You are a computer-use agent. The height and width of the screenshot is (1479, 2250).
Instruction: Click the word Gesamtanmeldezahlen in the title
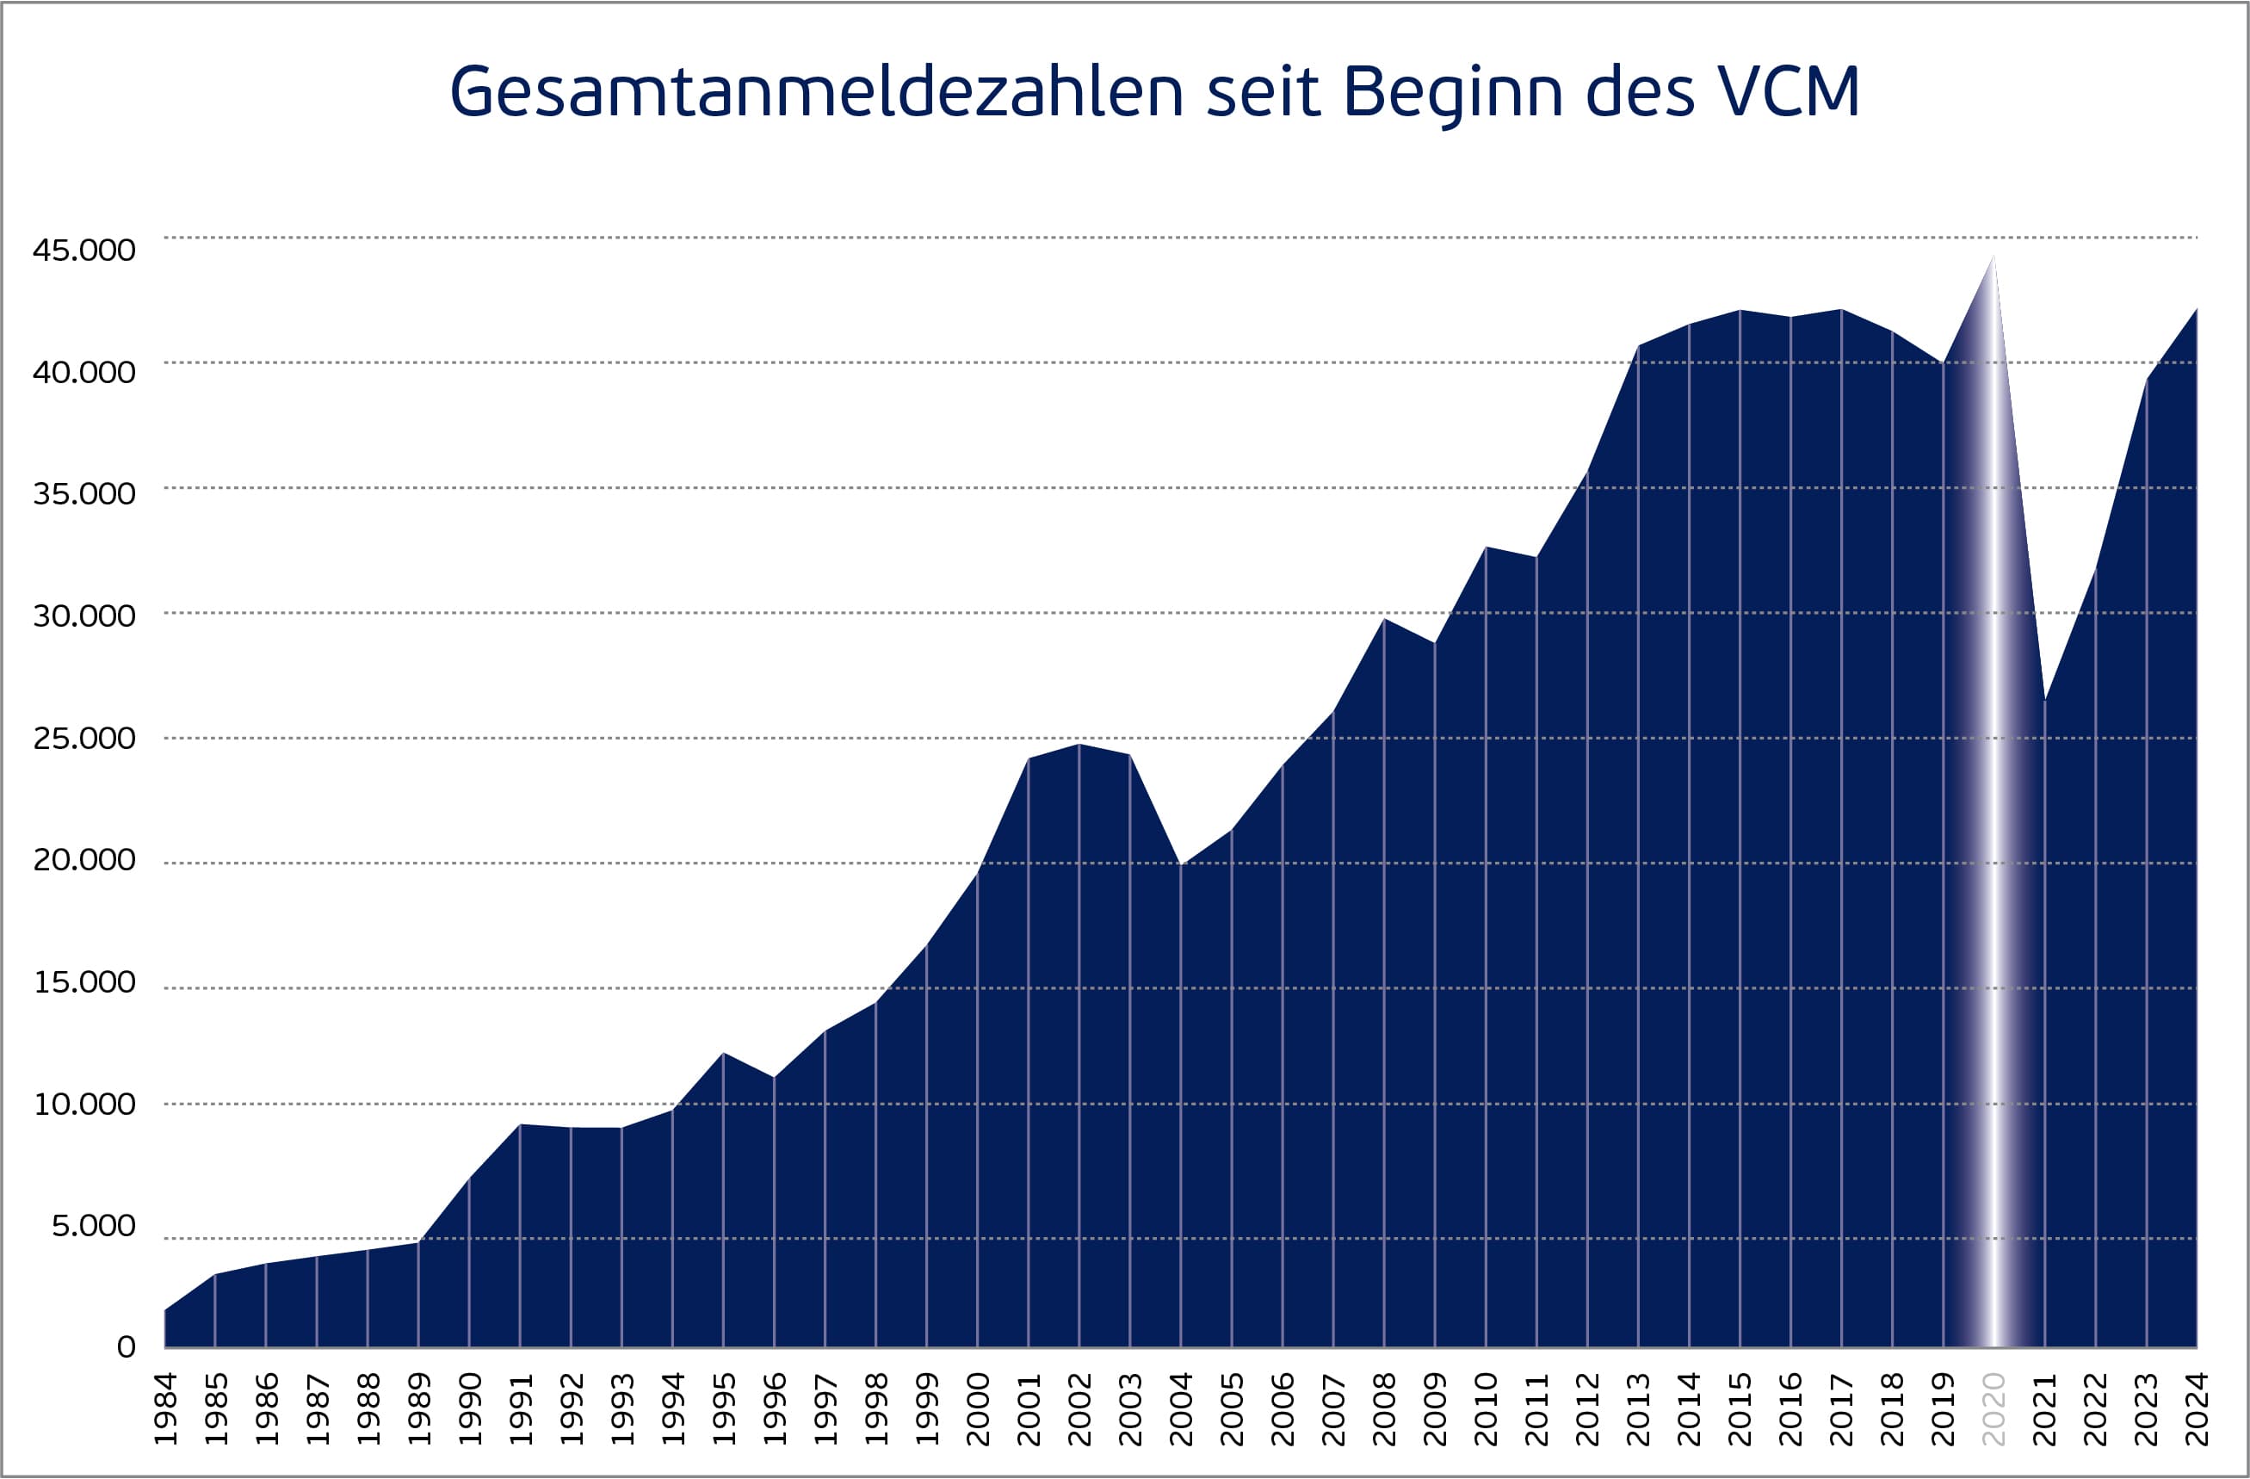pyautogui.click(x=816, y=92)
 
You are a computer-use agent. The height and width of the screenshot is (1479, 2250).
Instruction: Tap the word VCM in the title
pyautogui.click(x=1789, y=92)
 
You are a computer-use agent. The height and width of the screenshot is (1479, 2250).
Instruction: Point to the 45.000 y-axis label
pyautogui.click(x=84, y=250)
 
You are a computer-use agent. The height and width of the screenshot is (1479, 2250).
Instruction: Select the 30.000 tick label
pyautogui.click(x=84, y=616)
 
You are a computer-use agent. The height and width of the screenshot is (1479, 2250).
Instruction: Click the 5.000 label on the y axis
pyautogui.click(x=94, y=1226)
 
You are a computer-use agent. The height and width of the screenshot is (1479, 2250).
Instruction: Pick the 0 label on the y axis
pyautogui.click(x=126, y=1346)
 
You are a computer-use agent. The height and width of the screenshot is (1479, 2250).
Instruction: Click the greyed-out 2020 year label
pyautogui.click(x=1993, y=1409)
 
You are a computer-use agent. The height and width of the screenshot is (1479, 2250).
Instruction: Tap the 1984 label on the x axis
pyautogui.click(x=165, y=1409)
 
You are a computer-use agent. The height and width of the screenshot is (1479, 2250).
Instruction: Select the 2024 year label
pyautogui.click(x=2197, y=1409)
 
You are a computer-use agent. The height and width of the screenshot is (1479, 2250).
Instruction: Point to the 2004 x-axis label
pyautogui.click(x=1181, y=1409)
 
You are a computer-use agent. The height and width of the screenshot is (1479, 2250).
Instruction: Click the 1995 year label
pyautogui.click(x=723, y=1409)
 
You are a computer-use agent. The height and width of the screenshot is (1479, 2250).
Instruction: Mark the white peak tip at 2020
pyautogui.click(x=1993, y=257)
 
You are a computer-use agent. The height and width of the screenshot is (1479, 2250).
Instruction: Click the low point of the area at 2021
pyautogui.click(x=2045, y=701)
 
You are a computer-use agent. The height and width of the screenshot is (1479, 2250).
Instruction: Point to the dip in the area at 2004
pyautogui.click(x=1181, y=864)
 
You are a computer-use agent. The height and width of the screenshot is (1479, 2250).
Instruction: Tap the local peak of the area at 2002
pyautogui.click(x=1079, y=744)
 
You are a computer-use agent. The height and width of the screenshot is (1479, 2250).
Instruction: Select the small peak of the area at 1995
pyautogui.click(x=723, y=1054)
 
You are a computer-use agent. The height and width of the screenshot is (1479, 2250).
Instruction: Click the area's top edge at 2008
pyautogui.click(x=1384, y=618)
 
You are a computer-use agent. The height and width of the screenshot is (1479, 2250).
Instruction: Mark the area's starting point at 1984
pyautogui.click(x=165, y=1310)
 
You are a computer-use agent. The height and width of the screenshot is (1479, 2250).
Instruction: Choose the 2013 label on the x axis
pyautogui.click(x=1638, y=1409)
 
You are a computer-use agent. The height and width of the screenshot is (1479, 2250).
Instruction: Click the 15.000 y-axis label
pyautogui.click(x=84, y=982)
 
